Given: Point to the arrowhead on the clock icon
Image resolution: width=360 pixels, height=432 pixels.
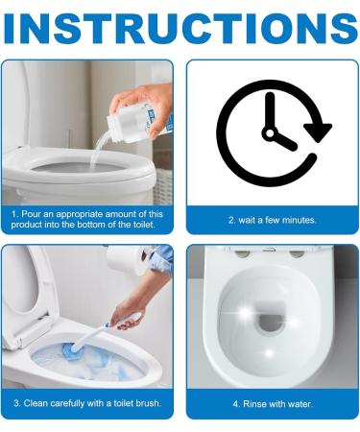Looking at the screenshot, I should coord(320,128).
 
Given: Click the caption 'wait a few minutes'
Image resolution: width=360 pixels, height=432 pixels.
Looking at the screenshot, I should coord(272,220).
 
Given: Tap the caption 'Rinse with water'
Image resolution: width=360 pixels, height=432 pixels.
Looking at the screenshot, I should coord(272,403).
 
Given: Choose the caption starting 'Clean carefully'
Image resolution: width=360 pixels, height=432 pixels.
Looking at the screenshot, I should coord(87,403).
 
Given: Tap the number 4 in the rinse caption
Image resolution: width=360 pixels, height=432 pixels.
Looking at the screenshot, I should coord(233,403).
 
